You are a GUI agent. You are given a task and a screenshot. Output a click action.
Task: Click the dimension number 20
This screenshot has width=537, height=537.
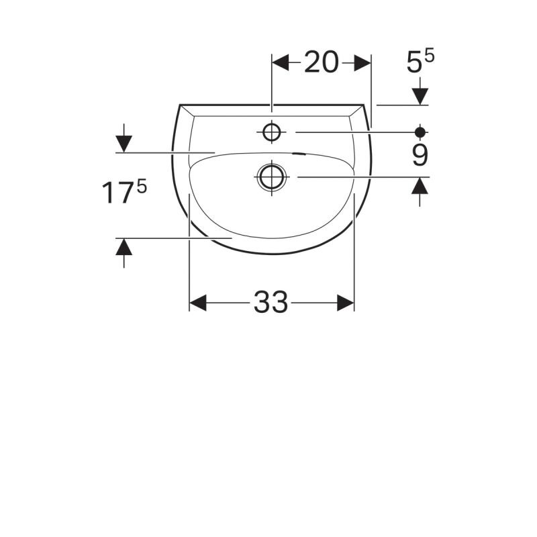pos(322,62)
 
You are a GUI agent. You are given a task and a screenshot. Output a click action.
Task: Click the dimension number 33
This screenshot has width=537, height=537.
pos(271,302)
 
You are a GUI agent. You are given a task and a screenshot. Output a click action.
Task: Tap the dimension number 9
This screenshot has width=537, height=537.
pos(420,155)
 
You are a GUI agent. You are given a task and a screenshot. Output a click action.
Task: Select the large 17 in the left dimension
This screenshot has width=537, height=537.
pos(117,193)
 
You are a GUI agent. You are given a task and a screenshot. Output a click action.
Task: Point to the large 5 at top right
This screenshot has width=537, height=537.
pos(414,62)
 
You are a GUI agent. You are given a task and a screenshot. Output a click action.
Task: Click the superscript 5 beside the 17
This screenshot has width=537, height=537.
pos(142,187)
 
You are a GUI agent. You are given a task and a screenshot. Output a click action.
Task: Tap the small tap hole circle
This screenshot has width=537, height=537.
pos(272,132)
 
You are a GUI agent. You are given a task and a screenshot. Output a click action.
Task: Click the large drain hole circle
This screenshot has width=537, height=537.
pos(272,177)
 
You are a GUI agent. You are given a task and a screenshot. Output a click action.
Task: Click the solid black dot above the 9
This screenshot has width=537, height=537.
pos(420,132)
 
